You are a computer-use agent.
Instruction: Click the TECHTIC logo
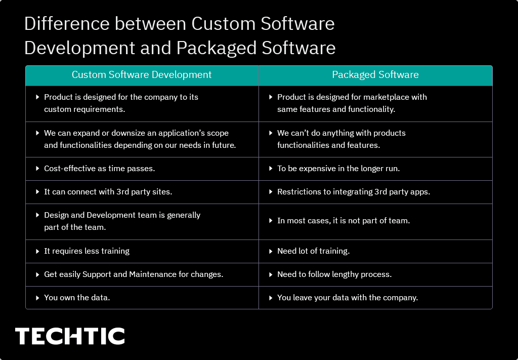(70, 336)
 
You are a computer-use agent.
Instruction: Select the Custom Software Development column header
(142, 75)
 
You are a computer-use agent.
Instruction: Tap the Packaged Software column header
(375, 75)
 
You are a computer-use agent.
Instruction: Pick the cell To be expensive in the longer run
(338, 169)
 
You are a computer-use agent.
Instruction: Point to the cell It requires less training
(87, 251)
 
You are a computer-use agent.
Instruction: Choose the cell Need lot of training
(313, 251)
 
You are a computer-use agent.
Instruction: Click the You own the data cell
(77, 298)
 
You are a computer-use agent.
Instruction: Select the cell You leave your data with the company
(347, 298)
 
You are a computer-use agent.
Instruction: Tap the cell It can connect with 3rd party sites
(108, 192)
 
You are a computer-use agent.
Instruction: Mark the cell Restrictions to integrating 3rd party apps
(353, 192)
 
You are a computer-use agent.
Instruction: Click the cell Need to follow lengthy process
(334, 274)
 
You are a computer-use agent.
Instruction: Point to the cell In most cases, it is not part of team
(343, 221)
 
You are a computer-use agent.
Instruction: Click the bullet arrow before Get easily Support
(38, 274)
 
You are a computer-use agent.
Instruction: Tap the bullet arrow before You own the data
(38, 298)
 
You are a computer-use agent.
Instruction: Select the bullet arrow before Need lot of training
(271, 251)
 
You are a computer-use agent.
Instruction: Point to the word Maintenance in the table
(152, 274)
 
